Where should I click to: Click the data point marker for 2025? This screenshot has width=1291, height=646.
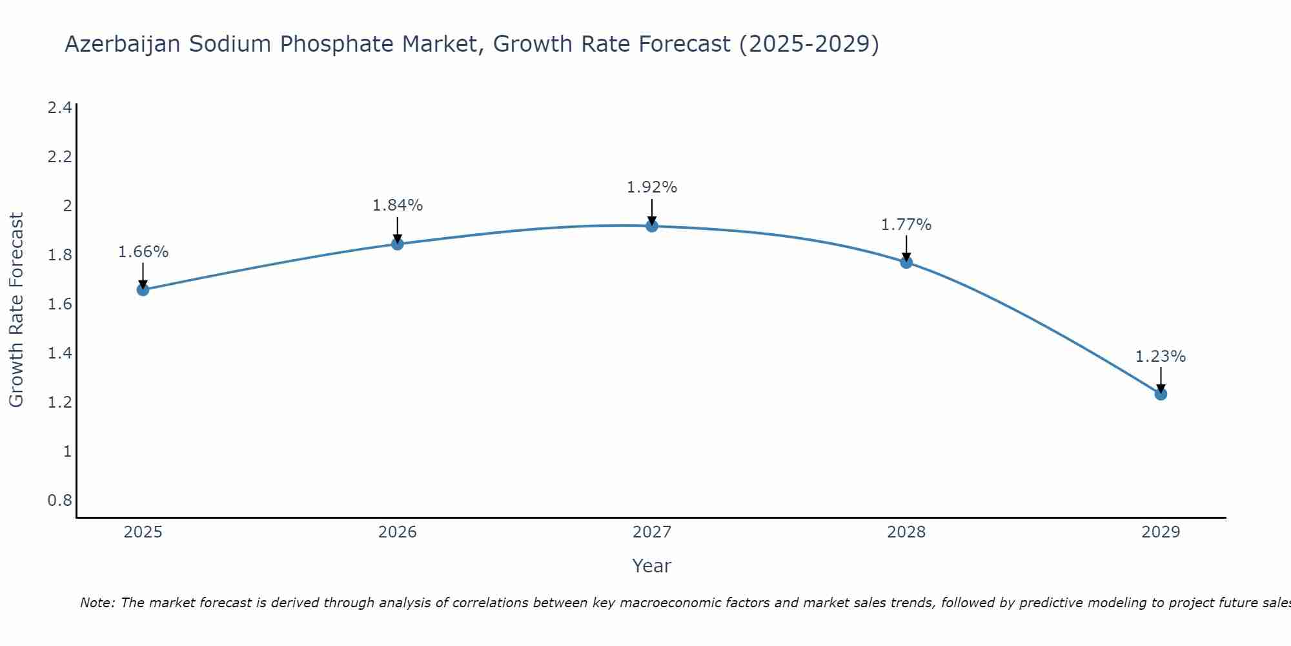(143, 289)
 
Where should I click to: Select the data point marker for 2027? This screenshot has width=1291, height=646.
(652, 225)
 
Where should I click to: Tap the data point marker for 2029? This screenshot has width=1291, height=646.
(1161, 394)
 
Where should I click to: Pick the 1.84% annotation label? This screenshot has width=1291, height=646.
(398, 205)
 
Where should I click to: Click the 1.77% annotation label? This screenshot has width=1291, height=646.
(906, 225)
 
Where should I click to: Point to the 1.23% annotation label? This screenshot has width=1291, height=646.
(1161, 357)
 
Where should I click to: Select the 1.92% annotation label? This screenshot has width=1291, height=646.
(652, 187)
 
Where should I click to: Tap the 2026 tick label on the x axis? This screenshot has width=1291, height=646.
(398, 532)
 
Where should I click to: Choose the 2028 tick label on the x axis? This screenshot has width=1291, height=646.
(906, 532)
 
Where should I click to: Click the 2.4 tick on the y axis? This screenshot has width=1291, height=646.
(60, 108)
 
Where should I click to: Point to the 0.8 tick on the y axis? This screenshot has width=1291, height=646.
(60, 501)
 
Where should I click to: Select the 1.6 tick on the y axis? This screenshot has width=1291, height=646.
(60, 304)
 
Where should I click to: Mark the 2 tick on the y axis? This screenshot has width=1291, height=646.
(67, 206)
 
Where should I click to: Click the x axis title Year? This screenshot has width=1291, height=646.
(652, 566)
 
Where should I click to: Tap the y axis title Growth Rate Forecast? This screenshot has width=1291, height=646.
(17, 310)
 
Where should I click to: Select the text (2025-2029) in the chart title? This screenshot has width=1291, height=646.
(809, 44)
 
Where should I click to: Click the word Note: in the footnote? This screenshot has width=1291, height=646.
(98, 603)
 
